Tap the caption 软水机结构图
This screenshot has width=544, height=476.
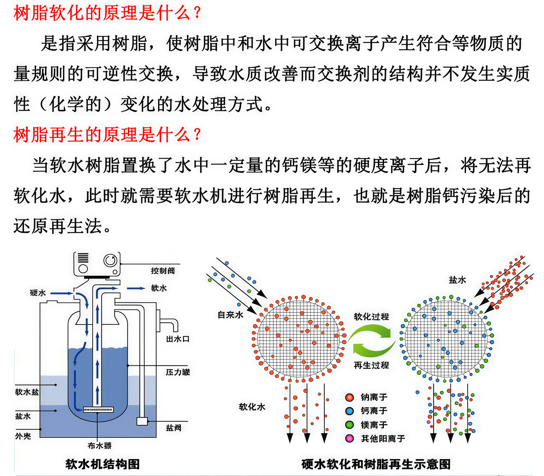(103, 464)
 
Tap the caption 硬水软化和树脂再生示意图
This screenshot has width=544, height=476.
(376, 464)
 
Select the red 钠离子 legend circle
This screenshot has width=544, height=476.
(349, 397)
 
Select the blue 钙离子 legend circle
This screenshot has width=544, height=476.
(349, 411)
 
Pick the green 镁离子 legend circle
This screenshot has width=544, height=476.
(349, 425)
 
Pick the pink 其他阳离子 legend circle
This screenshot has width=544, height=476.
(349, 438)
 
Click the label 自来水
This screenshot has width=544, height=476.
(230, 315)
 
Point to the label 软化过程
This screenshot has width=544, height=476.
(371, 317)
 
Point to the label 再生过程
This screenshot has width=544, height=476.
(371, 365)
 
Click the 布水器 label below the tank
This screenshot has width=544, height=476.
(100, 445)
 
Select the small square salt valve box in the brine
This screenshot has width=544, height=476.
(142, 421)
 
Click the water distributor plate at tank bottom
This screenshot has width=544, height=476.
(98, 410)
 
